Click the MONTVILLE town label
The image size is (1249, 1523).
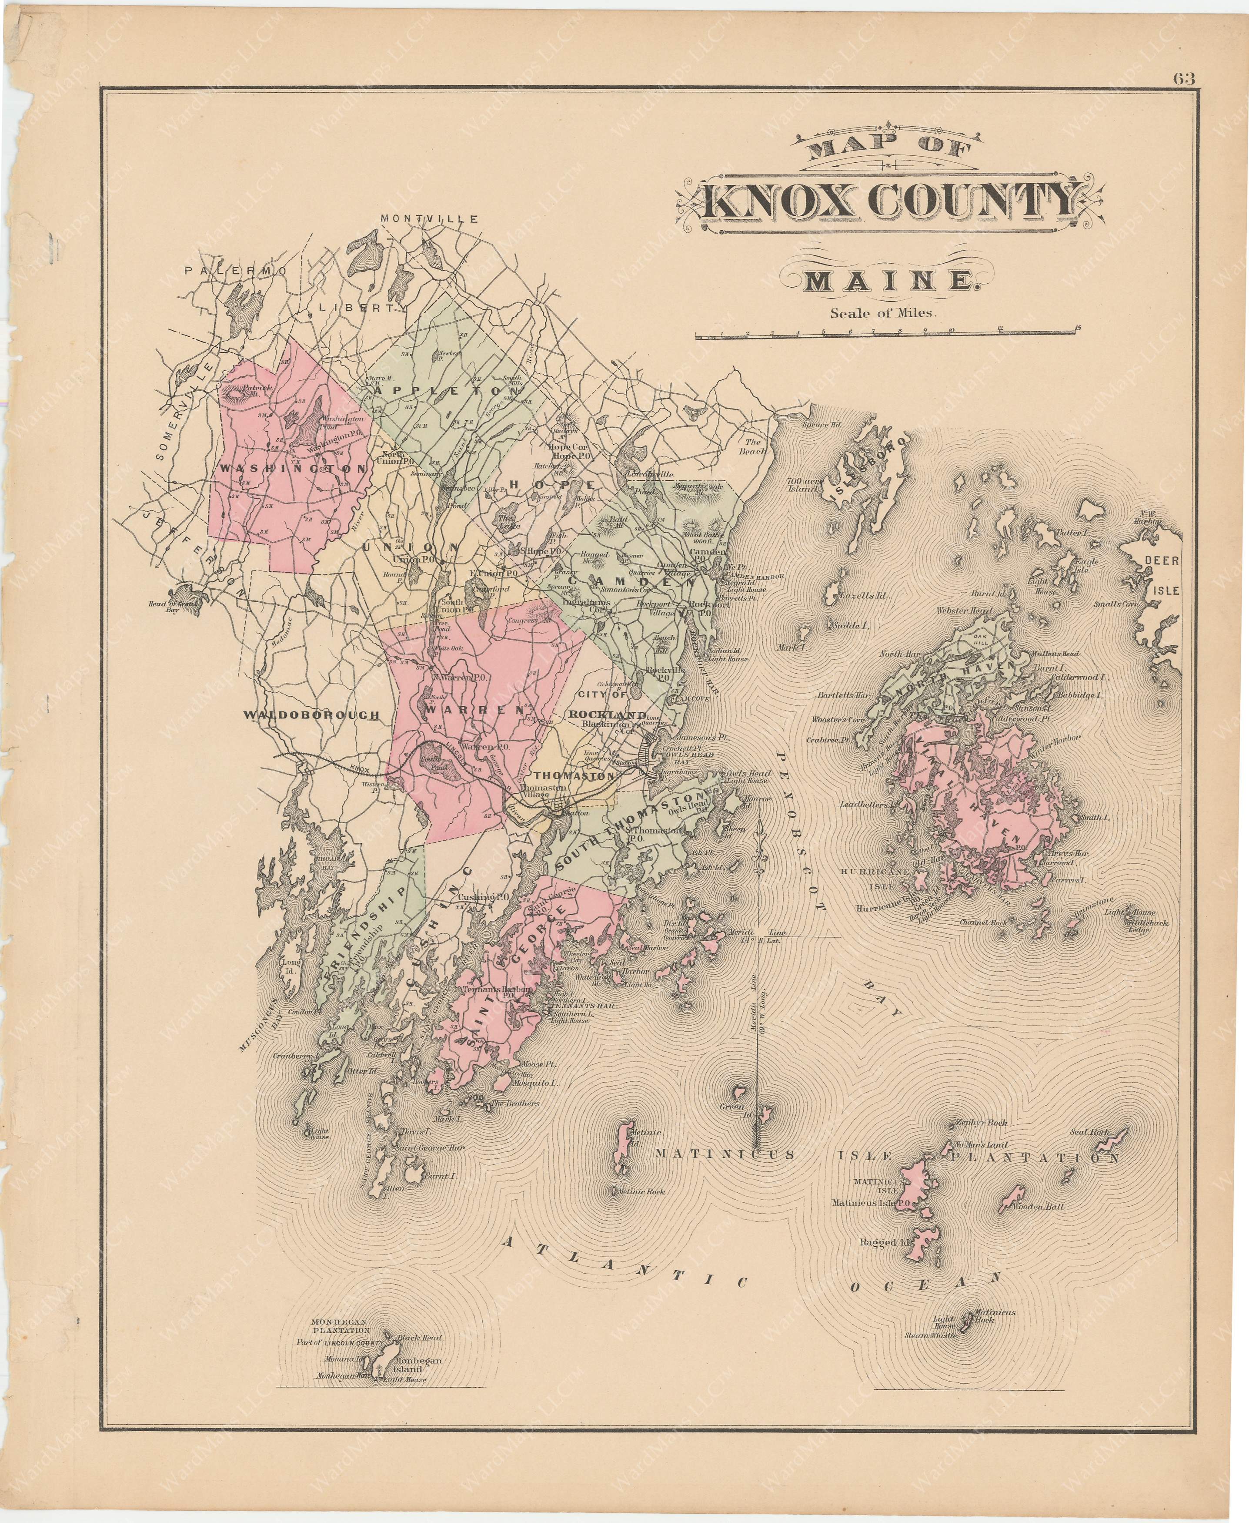430,219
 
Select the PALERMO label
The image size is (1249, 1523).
235,271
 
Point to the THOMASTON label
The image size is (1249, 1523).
574,777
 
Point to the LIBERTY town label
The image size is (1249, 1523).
359,307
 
